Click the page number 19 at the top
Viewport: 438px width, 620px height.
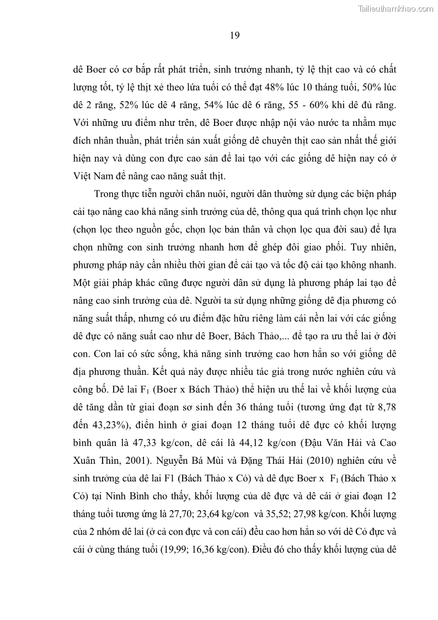pyautogui.click(x=234, y=36)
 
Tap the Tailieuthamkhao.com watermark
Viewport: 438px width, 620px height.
pyautogui.click(x=396, y=9)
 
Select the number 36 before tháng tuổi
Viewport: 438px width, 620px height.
pyautogui.click(x=271, y=407)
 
